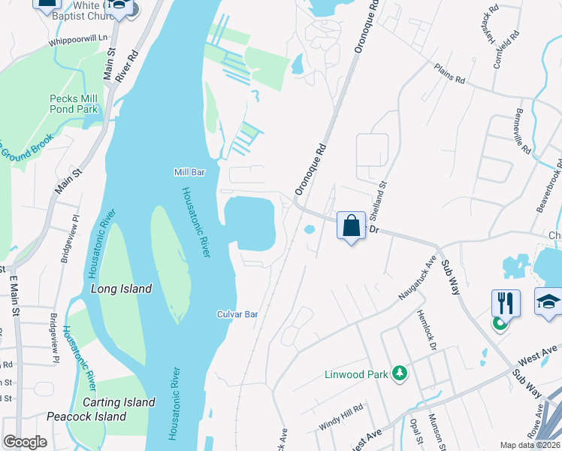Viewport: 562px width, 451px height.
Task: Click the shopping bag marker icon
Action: pyautogui.click(x=351, y=225)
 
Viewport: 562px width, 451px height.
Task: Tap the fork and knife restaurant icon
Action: pyautogui.click(x=506, y=303)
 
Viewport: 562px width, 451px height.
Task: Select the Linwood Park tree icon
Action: pyautogui.click(x=400, y=374)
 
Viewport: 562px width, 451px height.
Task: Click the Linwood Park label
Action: pyautogui.click(x=355, y=374)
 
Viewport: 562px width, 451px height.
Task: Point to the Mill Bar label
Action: pyautogui.click(x=189, y=172)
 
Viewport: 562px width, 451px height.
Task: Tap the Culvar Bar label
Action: pyautogui.click(x=237, y=314)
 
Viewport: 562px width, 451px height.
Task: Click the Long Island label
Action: pyautogui.click(x=121, y=289)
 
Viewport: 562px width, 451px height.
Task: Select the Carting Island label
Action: pyautogui.click(x=119, y=402)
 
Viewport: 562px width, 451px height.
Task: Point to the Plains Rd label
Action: pyautogui.click(x=449, y=74)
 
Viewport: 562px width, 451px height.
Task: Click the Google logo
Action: pyautogui.click(x=25, y=442)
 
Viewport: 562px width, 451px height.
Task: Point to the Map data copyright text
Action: pyautogui.click(x=530, y=445)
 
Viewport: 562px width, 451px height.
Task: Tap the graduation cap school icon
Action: pyautogui.click(x=548, y=302)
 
